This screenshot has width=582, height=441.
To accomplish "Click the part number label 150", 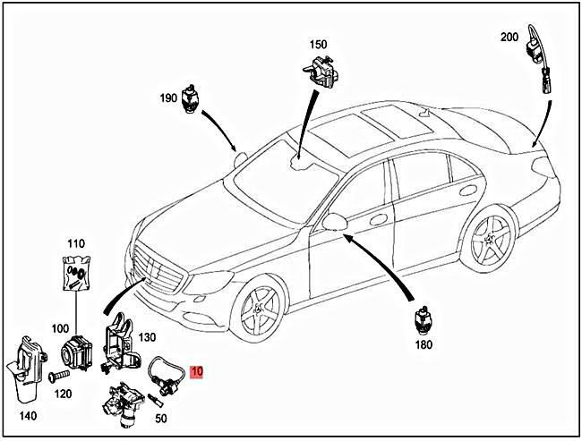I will point(319,44).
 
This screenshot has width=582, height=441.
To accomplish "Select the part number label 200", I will point(509,37).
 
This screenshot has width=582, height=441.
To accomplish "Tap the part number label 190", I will point(169,98).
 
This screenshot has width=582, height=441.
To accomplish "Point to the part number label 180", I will point(424,344).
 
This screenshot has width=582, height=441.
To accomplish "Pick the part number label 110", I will point(75,243).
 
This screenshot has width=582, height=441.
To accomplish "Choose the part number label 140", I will point(28,416).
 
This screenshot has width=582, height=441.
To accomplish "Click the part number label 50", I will point(162,419).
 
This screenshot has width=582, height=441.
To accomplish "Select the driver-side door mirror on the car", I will point(337,222).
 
